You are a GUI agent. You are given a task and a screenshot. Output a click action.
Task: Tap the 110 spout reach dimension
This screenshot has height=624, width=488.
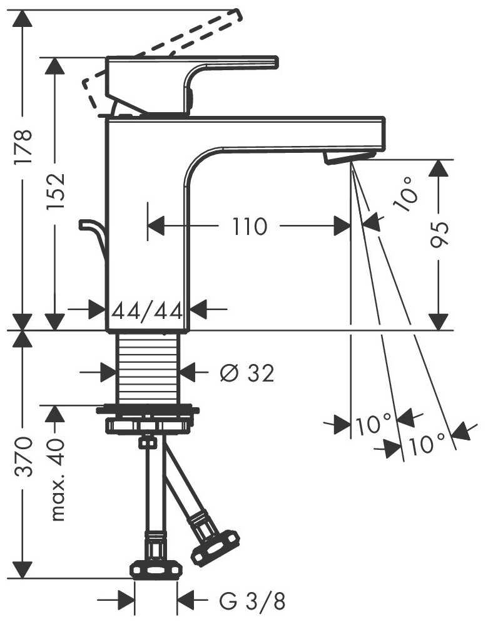coord(250,226)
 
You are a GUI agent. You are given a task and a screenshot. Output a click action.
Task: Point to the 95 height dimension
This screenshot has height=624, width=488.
coord(440,235)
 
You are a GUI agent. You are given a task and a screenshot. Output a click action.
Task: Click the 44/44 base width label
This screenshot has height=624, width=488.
coord(147,309)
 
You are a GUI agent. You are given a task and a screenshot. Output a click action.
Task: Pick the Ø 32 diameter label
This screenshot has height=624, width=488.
coord(247,374)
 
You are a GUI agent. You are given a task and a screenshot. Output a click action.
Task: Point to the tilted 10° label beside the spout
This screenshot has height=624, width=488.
coord(405,193)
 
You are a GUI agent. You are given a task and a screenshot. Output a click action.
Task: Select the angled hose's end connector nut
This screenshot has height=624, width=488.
coord(215,546)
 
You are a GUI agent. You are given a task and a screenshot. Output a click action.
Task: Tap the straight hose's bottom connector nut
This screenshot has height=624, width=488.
coord(155,569)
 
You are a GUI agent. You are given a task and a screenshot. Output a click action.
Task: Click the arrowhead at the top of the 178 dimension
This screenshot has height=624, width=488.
coord(23,18)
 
